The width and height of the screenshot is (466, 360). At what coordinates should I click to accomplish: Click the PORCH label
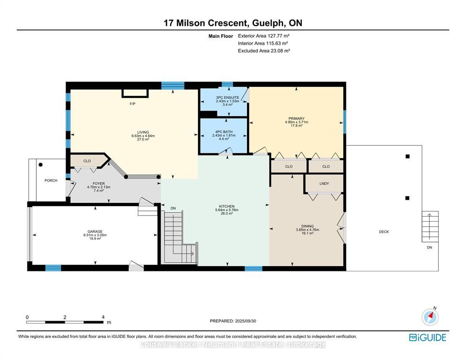(x=51, y=180)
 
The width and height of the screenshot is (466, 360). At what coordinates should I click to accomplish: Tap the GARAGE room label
(x=95, y=231)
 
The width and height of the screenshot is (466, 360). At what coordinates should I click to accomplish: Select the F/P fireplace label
(x=133, y=104)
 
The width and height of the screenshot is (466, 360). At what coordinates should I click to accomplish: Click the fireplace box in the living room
(x=135, y=93)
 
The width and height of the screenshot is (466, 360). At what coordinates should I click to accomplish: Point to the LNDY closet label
(x=324, y=183)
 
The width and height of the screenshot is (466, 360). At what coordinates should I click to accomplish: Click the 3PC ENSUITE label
(x=227, y=97)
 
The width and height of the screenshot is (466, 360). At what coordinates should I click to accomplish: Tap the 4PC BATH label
(x=224, y=132)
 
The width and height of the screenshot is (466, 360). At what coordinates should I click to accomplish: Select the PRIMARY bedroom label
(x=296, y=118)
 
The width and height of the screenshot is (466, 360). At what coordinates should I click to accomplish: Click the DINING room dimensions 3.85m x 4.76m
(x=308, y=230)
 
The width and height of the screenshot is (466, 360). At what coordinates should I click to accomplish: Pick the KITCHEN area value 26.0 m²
(x=227, y=213)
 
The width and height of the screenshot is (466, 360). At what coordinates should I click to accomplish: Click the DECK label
(x=384, y=232)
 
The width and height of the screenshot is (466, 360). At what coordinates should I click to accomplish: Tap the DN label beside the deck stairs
(x=429, y=247)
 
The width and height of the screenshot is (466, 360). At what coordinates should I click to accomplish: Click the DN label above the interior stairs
(x=173, y=209)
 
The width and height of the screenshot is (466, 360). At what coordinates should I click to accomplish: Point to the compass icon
(x=430, y=317)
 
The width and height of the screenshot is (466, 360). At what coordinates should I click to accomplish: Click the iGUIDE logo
(x=428, y=337)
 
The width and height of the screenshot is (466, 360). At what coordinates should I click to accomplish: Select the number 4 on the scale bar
(x=103, y=317)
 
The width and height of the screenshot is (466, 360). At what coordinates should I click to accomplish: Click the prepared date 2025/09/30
(x=246, y=321)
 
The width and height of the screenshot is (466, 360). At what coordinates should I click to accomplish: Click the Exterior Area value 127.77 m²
(x=279, y=36)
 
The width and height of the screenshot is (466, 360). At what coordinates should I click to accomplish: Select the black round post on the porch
(x=40, y=165)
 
